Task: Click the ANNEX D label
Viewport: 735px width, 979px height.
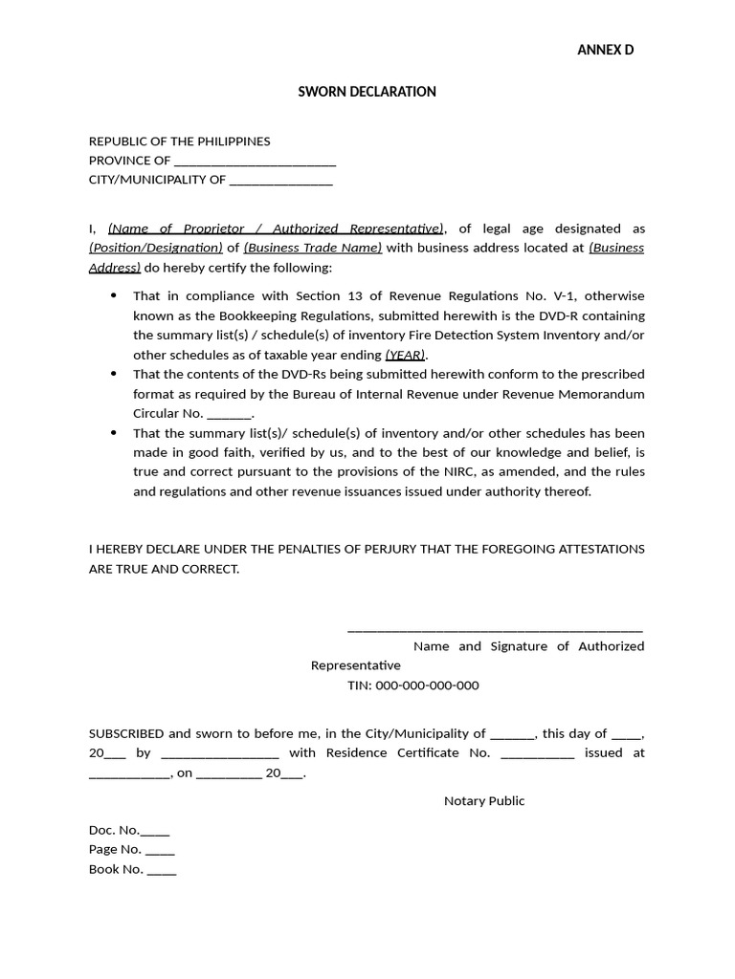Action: coord(605,50)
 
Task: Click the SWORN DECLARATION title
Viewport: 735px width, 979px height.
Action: coord(367,92)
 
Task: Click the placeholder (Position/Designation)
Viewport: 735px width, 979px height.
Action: coord(156,248)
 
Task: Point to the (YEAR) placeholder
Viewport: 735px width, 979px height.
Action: coord(406,355)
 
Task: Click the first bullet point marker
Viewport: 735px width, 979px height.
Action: coord(115,296)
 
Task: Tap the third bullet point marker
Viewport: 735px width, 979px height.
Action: coord(115,433)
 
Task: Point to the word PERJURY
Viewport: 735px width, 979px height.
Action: coord(368,549)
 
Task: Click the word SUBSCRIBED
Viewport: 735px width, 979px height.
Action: coord(126,734)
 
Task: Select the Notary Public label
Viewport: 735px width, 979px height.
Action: coord(484,801)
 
